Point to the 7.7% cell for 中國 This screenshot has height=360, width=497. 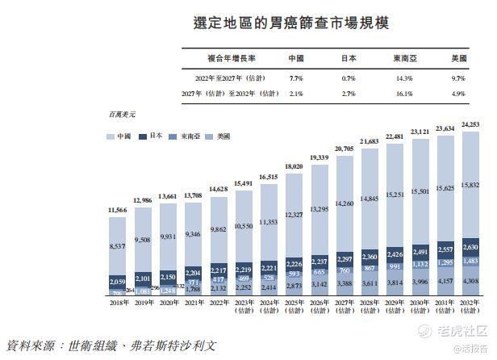pyautogui.click(x=295, y=77)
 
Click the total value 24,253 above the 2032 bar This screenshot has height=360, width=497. pyautogui.click(x=471, y=124)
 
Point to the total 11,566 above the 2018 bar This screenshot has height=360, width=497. pyautogui.click(x=119, y=210)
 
